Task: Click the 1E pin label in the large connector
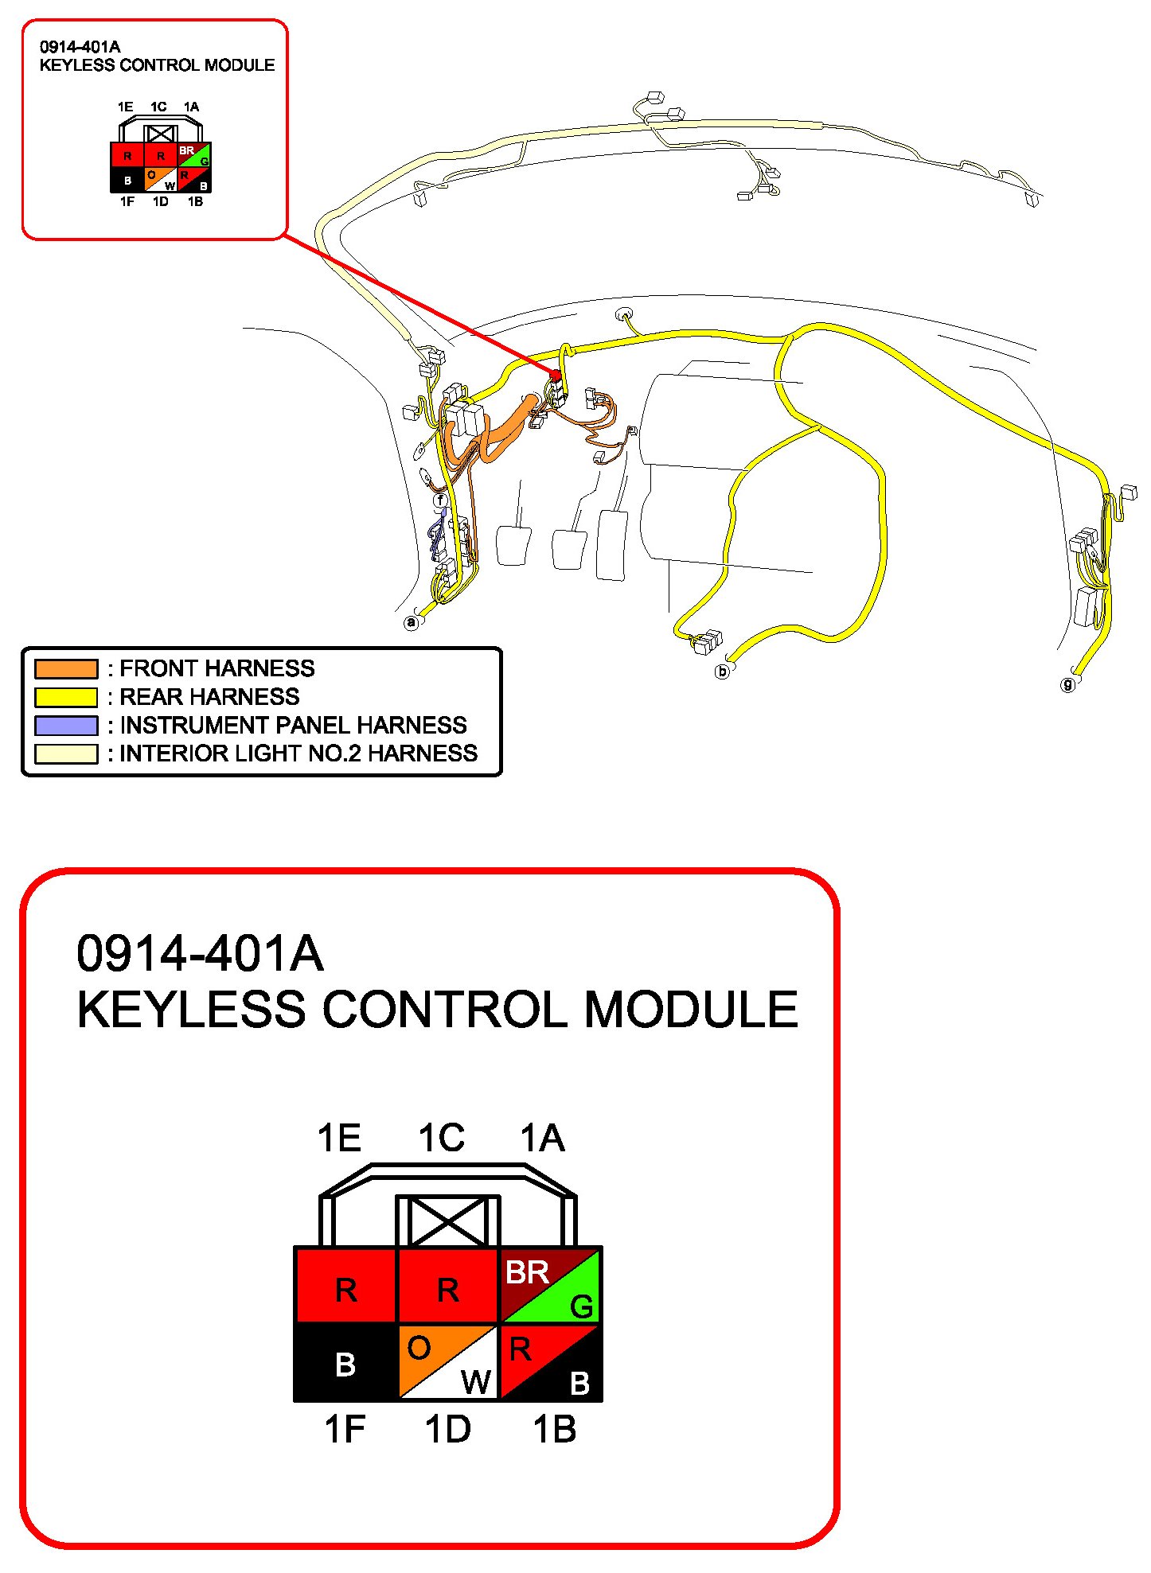339,1138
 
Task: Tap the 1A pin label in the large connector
543,1138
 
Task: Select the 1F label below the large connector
345,1429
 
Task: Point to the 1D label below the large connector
447,1429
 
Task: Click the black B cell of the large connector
345,1362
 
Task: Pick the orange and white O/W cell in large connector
447,1362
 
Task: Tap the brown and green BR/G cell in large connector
549,1285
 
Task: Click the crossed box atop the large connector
448,1221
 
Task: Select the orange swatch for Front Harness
66,668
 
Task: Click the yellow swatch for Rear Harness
66,697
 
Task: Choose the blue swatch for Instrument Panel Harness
66,726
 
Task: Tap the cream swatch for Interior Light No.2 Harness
66,753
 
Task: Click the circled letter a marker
411,622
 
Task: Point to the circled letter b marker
722,672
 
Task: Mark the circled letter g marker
1068,684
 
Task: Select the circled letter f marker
440,500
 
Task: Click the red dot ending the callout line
556,375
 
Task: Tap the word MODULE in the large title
691,1010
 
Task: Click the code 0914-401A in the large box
200,953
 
